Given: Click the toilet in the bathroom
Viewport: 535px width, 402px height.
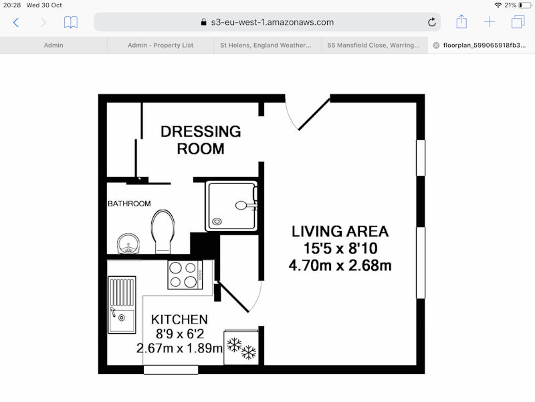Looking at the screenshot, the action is point(163,231).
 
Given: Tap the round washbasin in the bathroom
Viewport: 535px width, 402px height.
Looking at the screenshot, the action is point(128,244).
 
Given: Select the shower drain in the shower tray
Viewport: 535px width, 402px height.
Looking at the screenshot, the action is point(217,222).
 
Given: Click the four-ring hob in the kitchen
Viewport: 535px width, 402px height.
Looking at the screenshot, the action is point(185,275).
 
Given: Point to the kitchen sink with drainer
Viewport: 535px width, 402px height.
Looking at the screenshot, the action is point(122,305).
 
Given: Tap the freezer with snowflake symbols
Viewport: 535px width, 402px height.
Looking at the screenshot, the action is point(241,347).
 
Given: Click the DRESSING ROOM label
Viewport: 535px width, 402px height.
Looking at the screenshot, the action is point(201,140).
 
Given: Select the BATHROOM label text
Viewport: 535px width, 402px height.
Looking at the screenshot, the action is point(129,204).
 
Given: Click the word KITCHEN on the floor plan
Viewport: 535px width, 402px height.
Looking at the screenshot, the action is point(179,320).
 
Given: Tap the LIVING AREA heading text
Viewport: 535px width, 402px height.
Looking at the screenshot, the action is point(340,231).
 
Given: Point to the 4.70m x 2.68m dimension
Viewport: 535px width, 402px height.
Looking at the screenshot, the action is point(340,265).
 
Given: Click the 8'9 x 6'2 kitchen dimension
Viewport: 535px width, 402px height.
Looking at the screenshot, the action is point(180,334).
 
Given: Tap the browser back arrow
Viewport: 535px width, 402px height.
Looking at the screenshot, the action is point(15,23).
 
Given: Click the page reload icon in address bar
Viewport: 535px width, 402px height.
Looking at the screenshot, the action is point(432,22).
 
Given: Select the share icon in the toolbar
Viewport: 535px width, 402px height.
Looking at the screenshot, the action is point(461,21).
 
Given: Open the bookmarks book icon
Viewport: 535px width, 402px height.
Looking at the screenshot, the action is point(71,23).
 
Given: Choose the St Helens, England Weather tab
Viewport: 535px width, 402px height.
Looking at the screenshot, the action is point(265,45).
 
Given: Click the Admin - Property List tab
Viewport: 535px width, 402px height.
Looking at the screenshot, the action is point(160,45).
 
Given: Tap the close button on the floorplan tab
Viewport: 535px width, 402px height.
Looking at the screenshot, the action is point(436,46).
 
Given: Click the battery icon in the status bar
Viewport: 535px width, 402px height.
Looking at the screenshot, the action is point(526,5).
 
